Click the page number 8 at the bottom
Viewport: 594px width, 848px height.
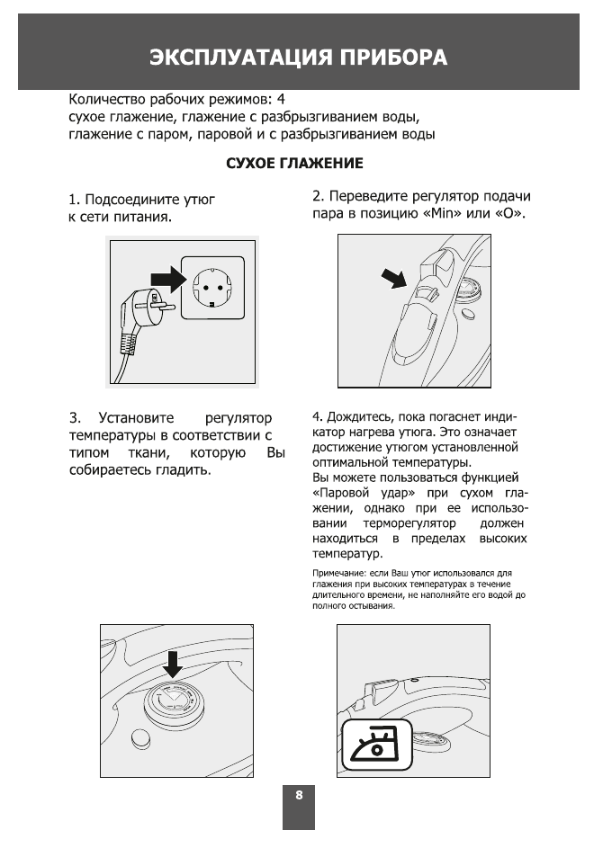[x=299, y=795]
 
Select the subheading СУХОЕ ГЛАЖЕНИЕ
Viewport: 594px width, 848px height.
[x=294, y=164]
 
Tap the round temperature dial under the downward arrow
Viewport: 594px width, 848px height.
[x=172, y=700]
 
